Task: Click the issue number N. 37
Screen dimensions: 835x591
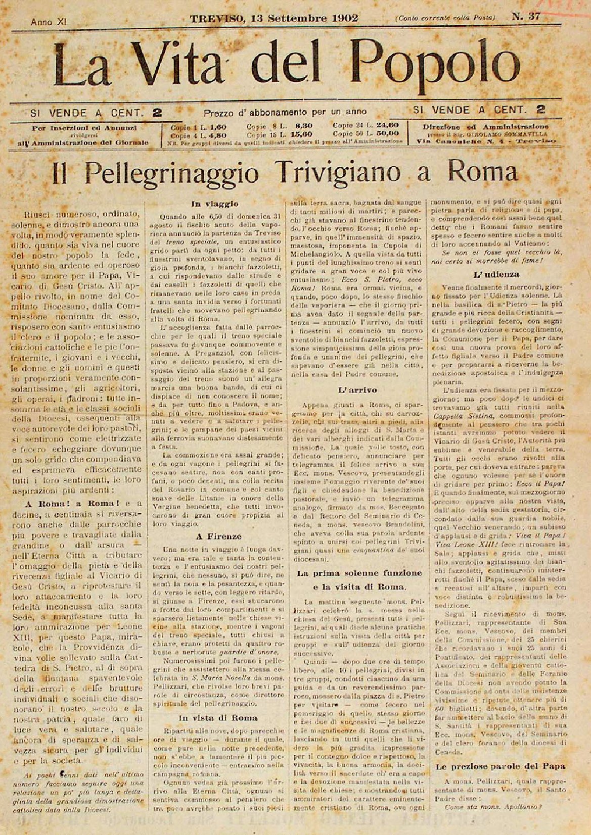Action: pyautogui.click(x=526, y=17)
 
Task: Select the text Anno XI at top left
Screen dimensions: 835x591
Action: pyautogui.click(x=49, y=22)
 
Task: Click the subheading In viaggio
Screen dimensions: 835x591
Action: pyautogui.click(x=214, y=205)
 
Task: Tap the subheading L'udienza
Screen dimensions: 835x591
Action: pyautogui.click(x=496, y=274)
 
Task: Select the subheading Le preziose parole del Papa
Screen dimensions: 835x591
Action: pyautogui.click(x=500, y=765)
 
